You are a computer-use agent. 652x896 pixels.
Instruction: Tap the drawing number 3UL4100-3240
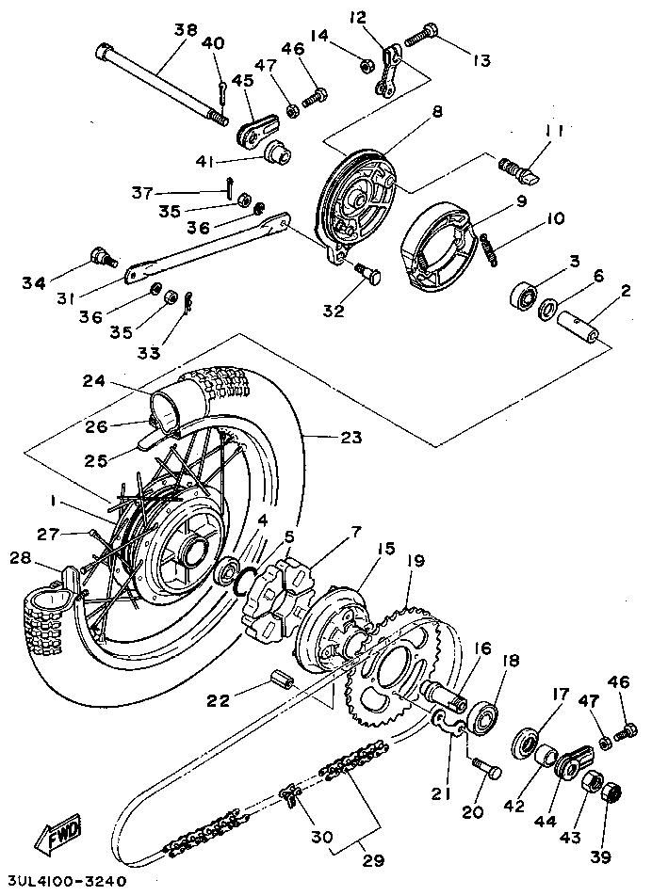[64, 883]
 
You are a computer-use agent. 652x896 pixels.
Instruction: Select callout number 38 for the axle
[186, 30]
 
